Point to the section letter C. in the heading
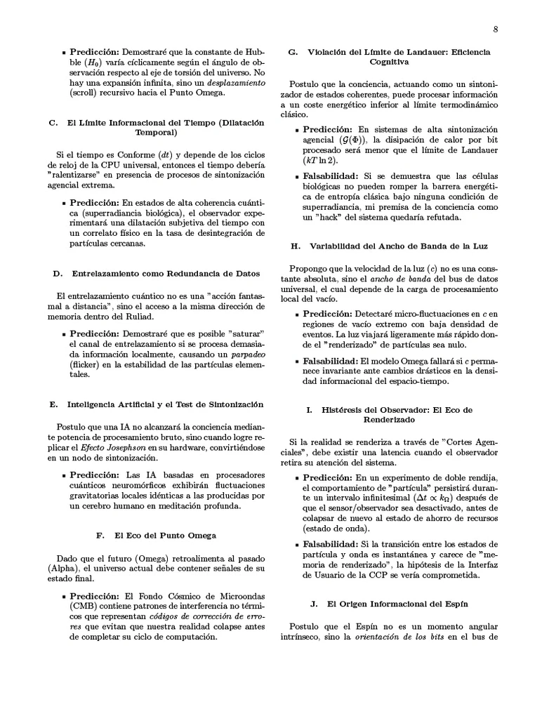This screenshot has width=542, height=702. point(53,123)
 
